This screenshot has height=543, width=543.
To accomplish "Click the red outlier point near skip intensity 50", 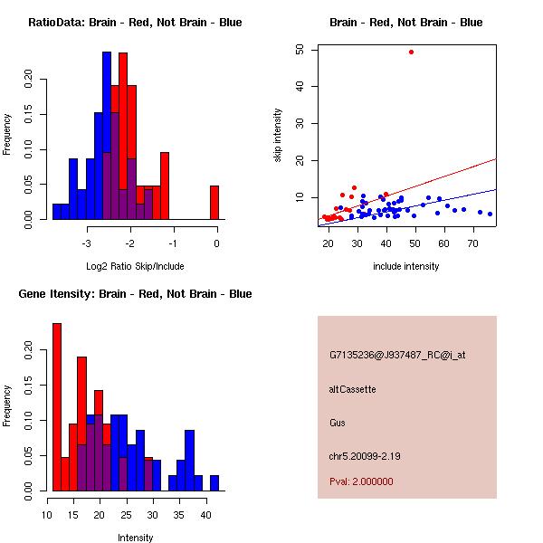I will tap(411, 52).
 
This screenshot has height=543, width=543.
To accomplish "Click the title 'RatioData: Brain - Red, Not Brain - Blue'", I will tap(135, 23).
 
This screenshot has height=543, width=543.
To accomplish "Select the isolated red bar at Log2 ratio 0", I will tap(214, 202).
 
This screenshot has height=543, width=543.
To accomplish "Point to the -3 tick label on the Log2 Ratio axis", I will tap(87, 243).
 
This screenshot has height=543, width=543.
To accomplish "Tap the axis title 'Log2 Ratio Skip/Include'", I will tap(135, 266).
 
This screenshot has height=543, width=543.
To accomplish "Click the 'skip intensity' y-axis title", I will tap(278, 136).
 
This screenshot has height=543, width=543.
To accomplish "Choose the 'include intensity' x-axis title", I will tap(406, 266).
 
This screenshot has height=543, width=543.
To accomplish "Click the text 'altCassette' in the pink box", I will tap(352, 389).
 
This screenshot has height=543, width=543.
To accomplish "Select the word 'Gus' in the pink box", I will tap(338, 423).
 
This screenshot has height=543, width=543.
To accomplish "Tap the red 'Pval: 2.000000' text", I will tap(361, 481).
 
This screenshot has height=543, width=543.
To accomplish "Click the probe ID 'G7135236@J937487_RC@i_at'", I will tap(397, 356).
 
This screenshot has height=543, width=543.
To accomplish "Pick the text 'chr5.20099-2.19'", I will tap(365, 456).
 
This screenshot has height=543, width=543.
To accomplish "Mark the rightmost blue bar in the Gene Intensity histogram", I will tap(214, 482).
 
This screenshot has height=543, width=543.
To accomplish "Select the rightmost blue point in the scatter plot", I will tap(490, 214).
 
